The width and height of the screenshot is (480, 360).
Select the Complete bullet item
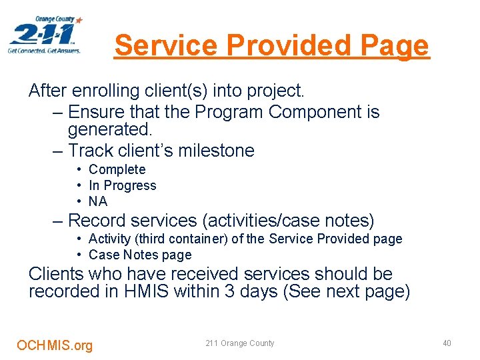pyautogui.click(x=117, y=169)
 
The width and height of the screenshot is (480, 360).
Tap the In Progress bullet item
pyautogui.click(x=122, y=185)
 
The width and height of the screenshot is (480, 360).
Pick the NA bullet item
pyautogui.click(x=98, y=201)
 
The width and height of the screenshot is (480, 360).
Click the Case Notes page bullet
pyautogui.click(x=139, y=255)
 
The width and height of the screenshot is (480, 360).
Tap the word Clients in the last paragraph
pyautogui.click(x=61, y=274)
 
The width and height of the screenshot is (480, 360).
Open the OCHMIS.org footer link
pyautogui.click(x=55, y=345)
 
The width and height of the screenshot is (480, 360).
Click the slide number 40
pyautogui.click(x=447, y=343)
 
